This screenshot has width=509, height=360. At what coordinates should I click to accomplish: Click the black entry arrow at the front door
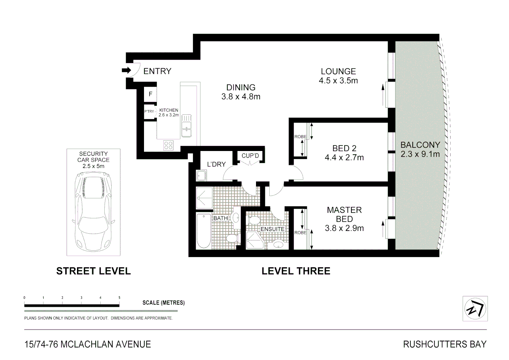[x=126, y=70]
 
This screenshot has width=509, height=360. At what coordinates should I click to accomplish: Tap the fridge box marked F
[x=150, y=94]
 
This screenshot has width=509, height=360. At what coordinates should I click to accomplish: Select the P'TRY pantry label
[x=149, y=111]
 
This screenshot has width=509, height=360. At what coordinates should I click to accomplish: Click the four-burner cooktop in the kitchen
[x=168, y=145]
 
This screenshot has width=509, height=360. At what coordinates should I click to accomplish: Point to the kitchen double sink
[x=187, y=126]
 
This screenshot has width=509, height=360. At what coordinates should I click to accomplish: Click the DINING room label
[x=241, y=87]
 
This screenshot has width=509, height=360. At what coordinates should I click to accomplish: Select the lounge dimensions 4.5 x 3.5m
[x=338, y=81]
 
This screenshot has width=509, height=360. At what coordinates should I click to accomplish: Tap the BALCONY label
[x=420, y=145]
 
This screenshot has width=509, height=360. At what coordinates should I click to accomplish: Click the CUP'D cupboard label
[x=250, y=156]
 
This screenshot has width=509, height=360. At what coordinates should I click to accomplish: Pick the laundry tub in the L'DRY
[x=201, y=175]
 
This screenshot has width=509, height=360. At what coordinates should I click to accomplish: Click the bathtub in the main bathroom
[x=203, y=231]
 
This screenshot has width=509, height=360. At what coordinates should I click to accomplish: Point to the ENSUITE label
[x=272, y=229]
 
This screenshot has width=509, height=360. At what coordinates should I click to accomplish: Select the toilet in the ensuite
[x=254, y=220]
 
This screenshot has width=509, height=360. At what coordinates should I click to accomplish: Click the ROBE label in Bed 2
[x=300, y=137]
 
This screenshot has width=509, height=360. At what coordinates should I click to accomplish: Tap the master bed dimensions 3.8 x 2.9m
[x=344, y=228]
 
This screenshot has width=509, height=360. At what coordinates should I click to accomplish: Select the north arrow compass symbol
[x=475, y=309]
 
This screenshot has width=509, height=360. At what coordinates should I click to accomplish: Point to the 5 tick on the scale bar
[x=119, y=298]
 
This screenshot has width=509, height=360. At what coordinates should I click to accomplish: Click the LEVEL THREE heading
[x=296, y=271]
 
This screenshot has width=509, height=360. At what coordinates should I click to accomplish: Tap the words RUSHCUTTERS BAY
[x=445, y=344]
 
